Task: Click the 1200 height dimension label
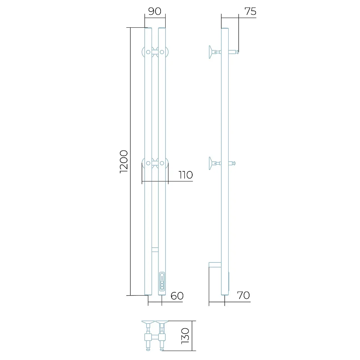click(x=124, y=161)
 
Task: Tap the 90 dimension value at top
click(x=155, y=11)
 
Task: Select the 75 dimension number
click(x=250, y=11)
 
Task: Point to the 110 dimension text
click(x=185, y=175)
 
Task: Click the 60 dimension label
click(x=177, y=296)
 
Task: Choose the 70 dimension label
click(x=243, y=295)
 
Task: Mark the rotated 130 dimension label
click(x=185, y=336)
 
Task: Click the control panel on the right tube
click(x=162, y=282)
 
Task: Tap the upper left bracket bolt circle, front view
click(x=148, y=52)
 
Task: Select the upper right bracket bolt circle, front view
click(x=162, y=52)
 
